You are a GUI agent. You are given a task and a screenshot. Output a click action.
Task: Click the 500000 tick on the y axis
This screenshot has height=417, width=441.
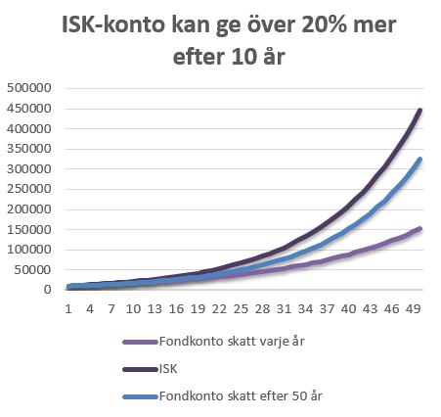coord(29,88)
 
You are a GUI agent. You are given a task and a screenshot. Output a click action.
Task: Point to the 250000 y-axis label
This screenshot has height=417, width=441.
coord(29,189)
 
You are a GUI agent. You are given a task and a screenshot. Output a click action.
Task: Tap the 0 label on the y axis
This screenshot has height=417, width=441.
coord(48,290)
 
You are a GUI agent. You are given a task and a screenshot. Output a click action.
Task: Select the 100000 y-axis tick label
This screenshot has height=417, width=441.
coord(29,250)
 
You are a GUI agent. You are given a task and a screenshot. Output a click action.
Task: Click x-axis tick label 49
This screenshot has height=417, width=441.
coord(413,308)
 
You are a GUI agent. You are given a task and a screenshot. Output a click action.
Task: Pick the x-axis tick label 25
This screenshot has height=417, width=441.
coord(241,308)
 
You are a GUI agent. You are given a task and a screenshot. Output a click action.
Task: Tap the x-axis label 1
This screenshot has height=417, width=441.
coord(68,308)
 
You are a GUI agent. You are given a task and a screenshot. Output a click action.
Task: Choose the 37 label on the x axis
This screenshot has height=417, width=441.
coord(327,308)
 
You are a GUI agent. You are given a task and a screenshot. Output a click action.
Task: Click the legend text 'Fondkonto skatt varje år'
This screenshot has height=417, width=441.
coord(232,342)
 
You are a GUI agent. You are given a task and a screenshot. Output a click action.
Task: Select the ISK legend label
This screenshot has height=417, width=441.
coord(168,369)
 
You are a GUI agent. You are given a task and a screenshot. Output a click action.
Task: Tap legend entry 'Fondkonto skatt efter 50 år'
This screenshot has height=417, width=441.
coord(241,396)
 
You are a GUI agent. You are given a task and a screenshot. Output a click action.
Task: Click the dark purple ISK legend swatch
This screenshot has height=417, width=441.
coord(140,369)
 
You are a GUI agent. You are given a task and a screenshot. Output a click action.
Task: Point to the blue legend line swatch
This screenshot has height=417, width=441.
coord(140,396)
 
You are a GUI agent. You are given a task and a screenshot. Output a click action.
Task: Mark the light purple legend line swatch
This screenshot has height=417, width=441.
coord(140,342)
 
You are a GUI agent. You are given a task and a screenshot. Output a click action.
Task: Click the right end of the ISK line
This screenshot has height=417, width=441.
coord(420,111)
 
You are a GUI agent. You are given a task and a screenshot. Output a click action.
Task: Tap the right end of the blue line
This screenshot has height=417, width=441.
coord(420,160)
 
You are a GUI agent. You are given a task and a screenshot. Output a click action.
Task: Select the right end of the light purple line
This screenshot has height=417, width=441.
coord(420,229)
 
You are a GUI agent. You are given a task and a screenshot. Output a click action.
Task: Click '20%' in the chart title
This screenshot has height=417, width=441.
coord(324,24)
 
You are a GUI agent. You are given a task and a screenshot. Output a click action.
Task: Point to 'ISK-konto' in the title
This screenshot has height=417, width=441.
coord(113,24)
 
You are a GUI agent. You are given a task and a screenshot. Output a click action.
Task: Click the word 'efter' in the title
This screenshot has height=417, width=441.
coord(198,57)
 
